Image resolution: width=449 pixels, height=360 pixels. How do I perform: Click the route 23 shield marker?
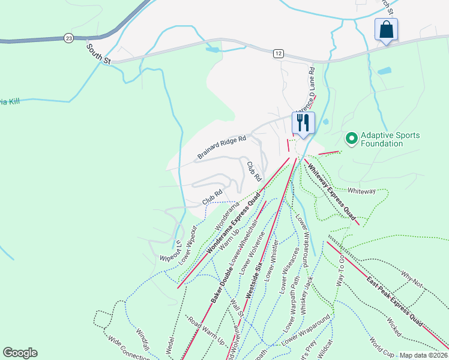pos(69,38)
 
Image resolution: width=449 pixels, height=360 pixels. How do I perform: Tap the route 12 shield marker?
pos(277,53)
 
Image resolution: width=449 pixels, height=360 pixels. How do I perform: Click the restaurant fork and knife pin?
pos(303,123)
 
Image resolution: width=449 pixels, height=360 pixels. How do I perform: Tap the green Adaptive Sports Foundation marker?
pos(351,139)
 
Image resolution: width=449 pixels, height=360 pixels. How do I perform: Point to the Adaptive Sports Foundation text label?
pos(390,139)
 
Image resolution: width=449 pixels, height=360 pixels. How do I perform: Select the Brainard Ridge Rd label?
pos(221,148)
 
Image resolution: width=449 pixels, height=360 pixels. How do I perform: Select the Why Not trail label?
pos(412,279)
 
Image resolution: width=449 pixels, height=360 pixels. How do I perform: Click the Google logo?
pos(20,352)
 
